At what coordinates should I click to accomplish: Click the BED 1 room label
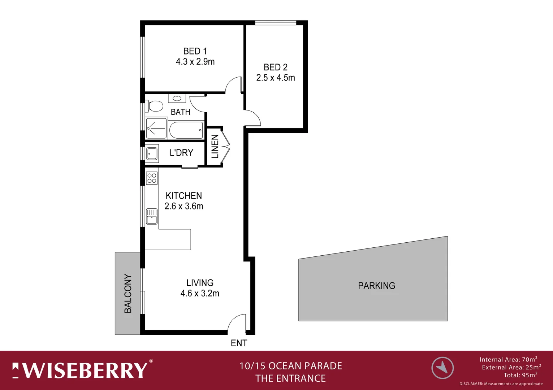coord(195,51)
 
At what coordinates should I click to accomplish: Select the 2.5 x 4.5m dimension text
coord(276,78)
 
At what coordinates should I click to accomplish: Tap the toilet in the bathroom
coord(155,106)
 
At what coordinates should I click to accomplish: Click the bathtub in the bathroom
coord(186,130)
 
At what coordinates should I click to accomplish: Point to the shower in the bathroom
coord(156,128)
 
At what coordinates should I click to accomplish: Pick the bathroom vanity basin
coord(177,98)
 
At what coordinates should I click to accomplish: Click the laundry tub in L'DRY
coord(152,153)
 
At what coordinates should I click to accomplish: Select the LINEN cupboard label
coord(215,147)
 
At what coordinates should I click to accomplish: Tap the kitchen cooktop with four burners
coord(152,178)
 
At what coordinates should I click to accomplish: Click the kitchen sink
coord(152,216)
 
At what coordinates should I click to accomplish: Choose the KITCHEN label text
coord(183,196)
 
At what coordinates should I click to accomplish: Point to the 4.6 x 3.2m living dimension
coord(200,294)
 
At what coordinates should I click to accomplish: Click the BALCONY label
coord(128,293)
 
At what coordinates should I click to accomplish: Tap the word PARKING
coord(376,286)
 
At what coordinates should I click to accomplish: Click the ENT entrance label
coord(239,343)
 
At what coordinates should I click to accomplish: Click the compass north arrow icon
coord(442,368)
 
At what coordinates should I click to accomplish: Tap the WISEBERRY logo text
coord(85,370)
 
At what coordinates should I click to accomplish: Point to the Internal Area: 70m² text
coord(508,359)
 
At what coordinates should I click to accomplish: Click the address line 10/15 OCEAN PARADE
coord(291,366)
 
